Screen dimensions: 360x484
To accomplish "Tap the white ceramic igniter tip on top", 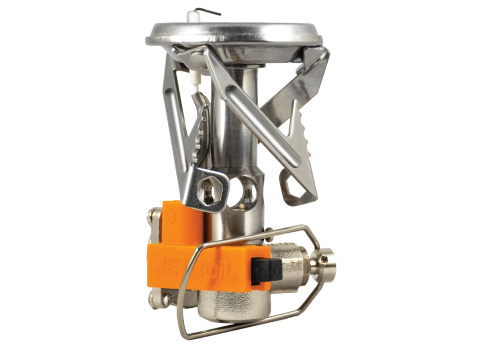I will click(x=191, y=16).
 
